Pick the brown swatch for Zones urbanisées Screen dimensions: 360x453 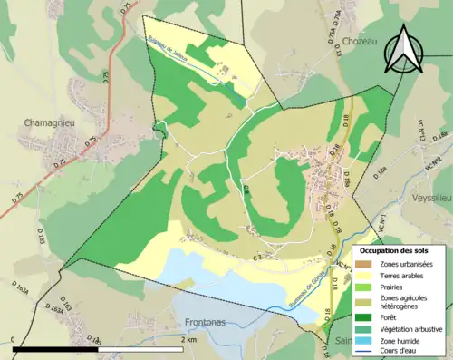point(366,263)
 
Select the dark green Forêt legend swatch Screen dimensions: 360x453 point(366,316)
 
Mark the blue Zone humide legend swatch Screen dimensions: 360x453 point(366,341)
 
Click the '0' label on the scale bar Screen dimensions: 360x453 point(14,339)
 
